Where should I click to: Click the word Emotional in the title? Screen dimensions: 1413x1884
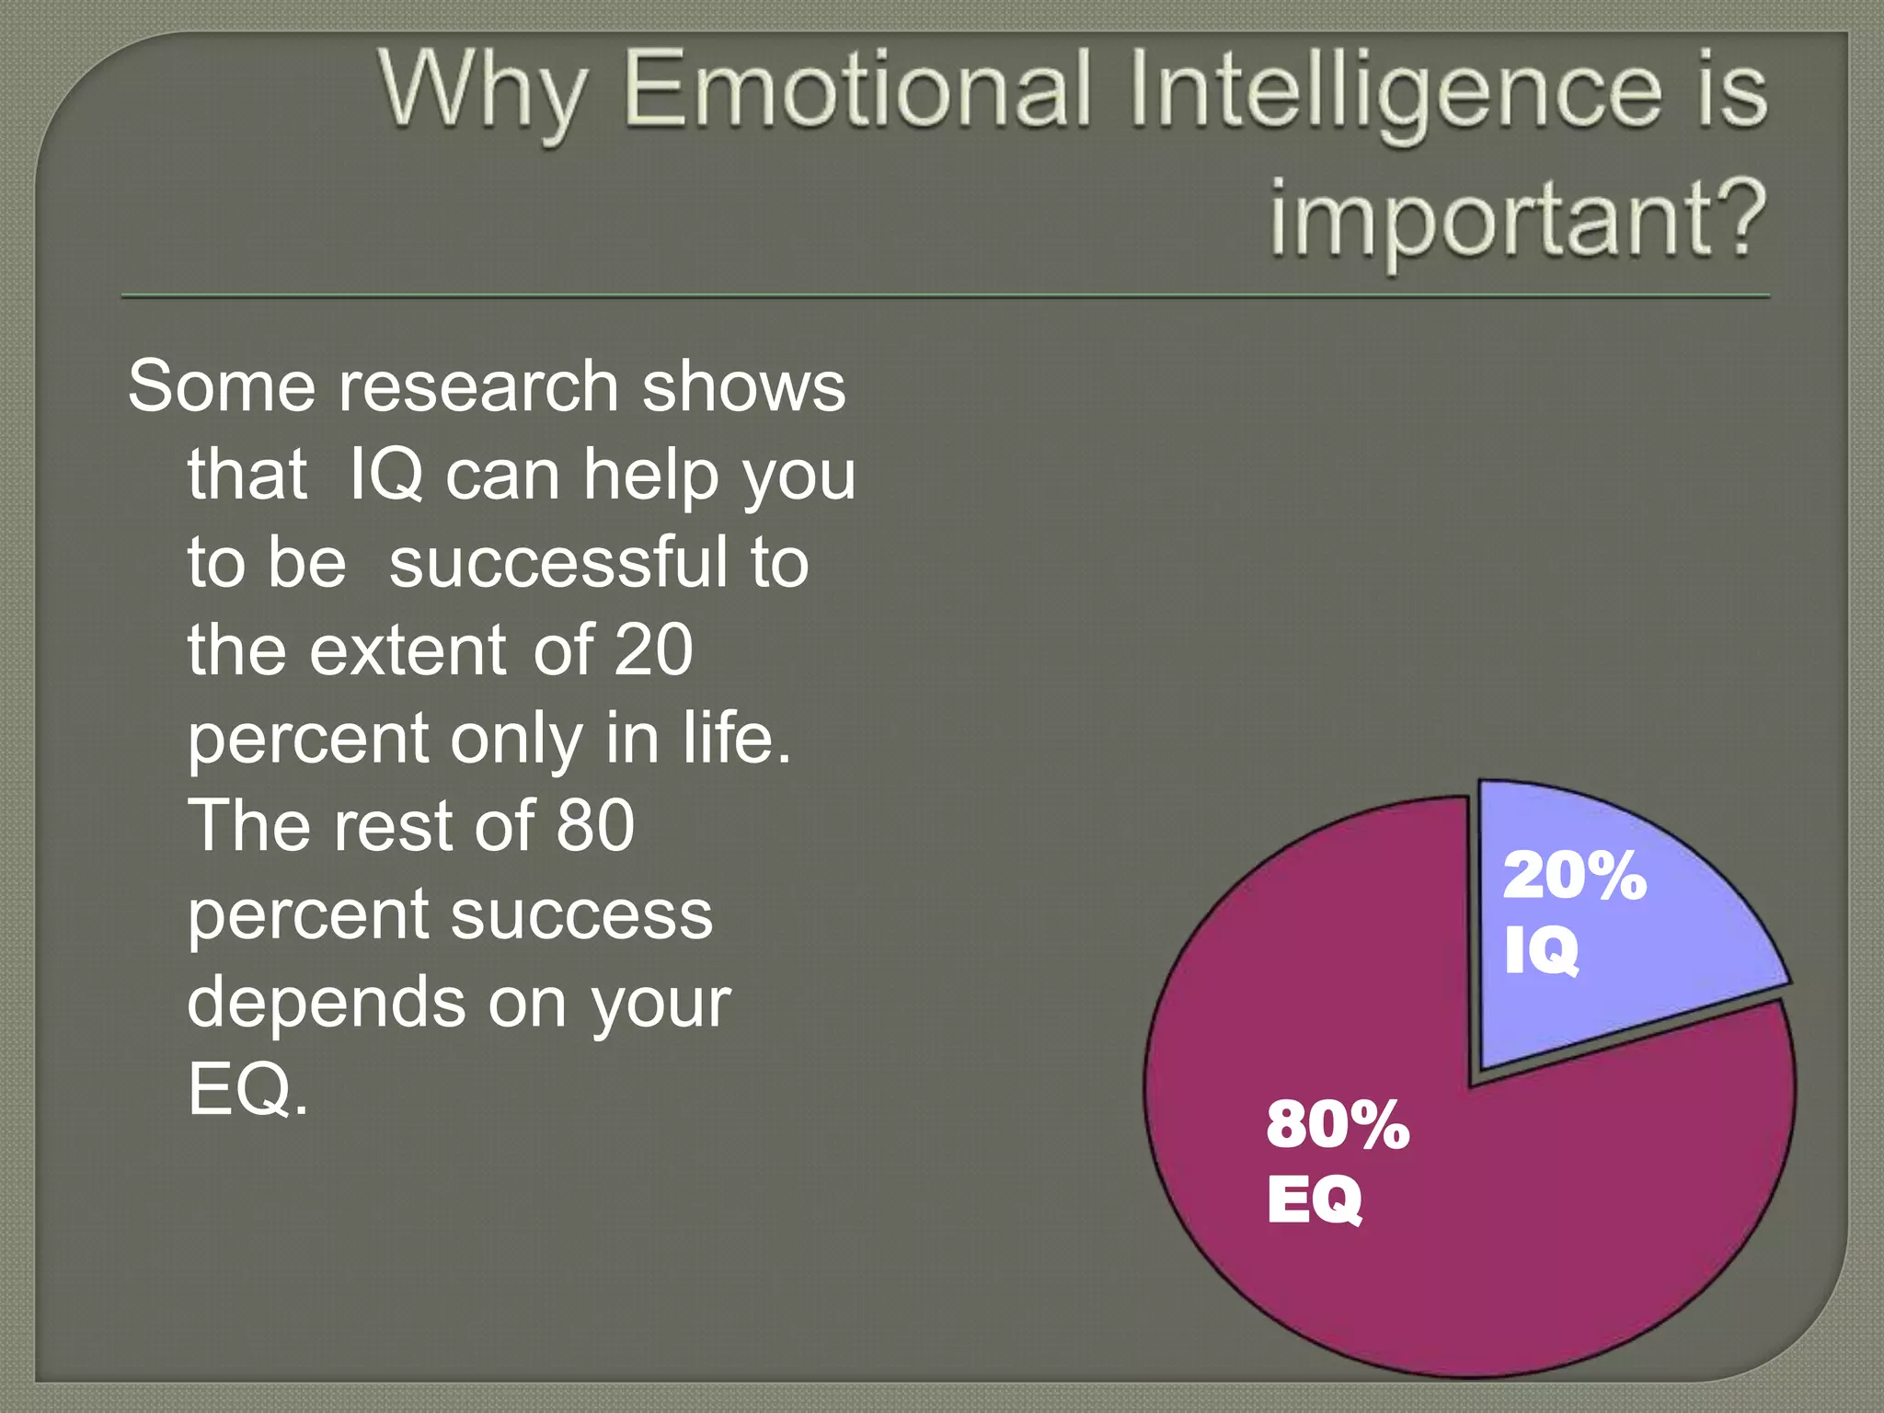[x=857, y=90]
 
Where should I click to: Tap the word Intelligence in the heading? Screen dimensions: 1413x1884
[x=1395, y=90]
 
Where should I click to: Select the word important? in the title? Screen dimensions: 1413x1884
[x=1518, y=217]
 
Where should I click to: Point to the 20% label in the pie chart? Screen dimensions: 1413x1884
[x=1574, y=875]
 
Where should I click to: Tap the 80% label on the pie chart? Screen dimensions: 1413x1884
[x=1338, y=1123]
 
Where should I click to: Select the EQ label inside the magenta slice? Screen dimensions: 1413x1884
[x=1315, y=1200]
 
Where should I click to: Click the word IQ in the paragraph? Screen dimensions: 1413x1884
[x=385, y=475]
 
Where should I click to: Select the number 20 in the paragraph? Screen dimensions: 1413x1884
[x=653, y=649]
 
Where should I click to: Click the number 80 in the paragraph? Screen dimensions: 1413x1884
[x=595, y=825]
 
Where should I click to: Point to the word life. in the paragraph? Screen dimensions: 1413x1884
[x=736, y=738]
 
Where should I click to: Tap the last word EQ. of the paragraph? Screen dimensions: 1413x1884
[x=248, y=1090]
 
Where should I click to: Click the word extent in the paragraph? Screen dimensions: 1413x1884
[x=408, y=649]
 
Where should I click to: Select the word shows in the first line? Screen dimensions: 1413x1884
[x=743, y=386]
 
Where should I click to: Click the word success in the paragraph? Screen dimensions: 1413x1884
[x=581, y=914]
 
